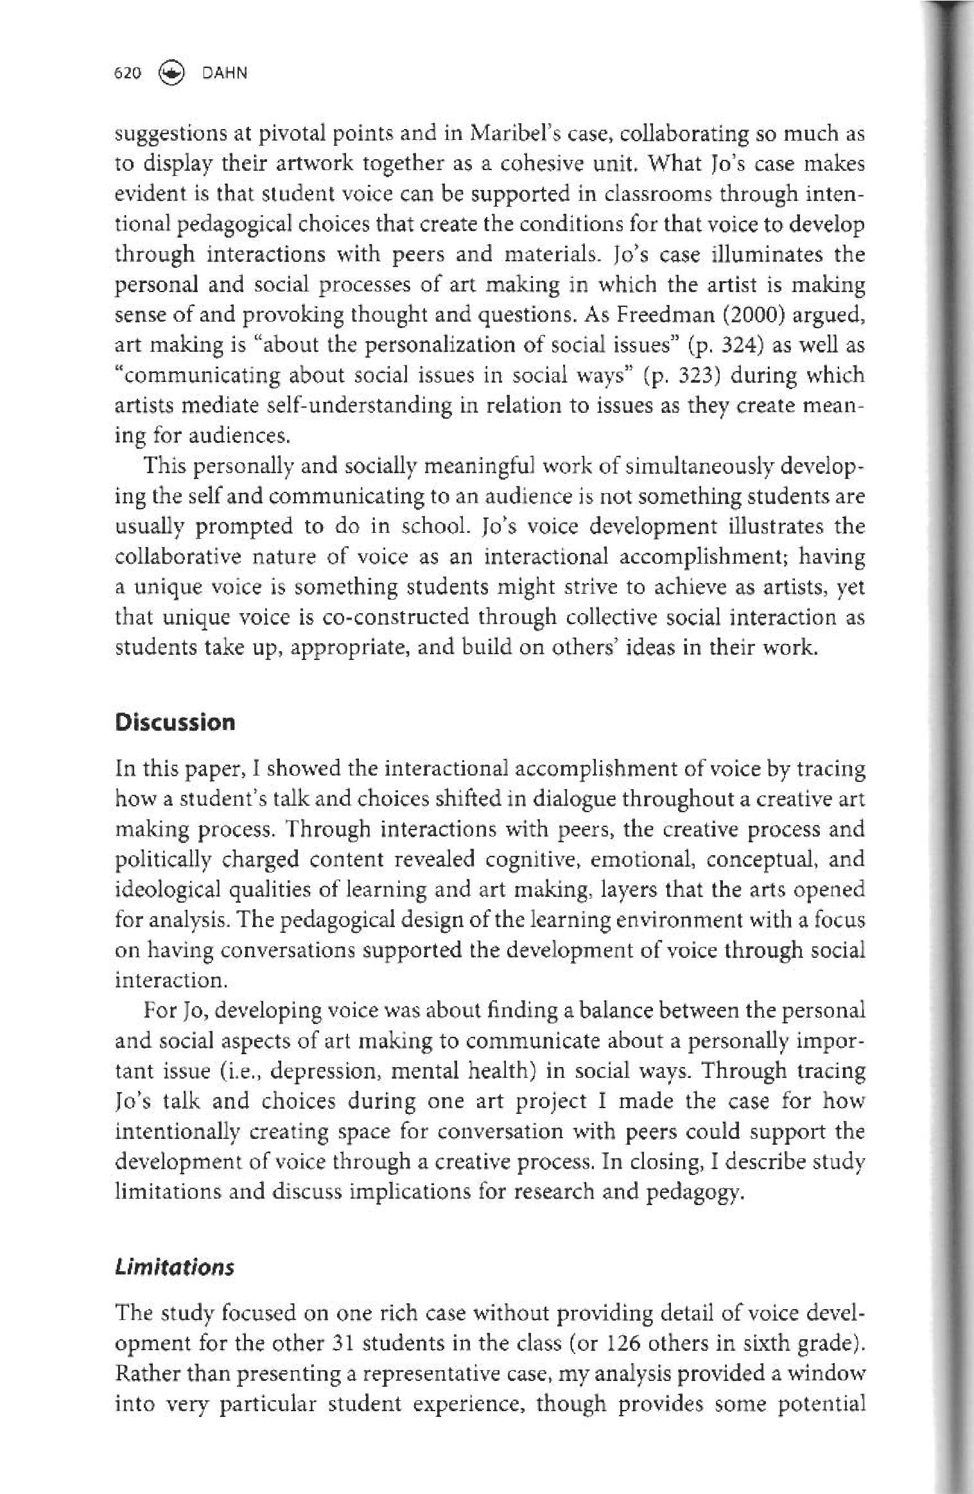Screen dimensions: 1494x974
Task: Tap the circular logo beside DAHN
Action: pyautogui.click(x=170, y=73)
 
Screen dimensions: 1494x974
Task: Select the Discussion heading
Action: pyautogui.click(x=175, y=723)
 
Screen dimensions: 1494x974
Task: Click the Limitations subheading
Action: pyautogui.click(x=174, y=1267)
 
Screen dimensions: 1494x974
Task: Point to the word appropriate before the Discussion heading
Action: pyautogui.click(x=347, y=648)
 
